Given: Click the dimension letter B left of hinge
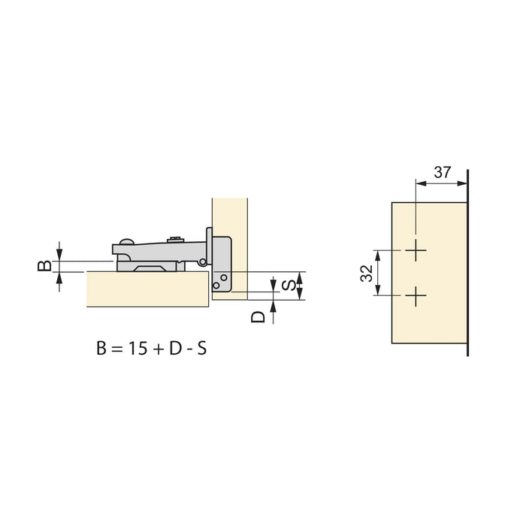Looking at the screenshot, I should click(45, 265).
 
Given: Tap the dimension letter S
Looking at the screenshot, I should click(287, 285).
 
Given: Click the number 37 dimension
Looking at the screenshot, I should click(443, 172).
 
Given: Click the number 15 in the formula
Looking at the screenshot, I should click(138, 349).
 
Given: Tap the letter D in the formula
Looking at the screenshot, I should click(174, 349).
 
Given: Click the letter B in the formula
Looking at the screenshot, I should click(101, 349).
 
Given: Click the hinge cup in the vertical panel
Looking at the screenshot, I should click(221, 263).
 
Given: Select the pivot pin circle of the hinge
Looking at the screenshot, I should click(202, 261).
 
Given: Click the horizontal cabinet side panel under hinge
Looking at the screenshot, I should click(147, 289).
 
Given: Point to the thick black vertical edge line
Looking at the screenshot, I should click(468, 263).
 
